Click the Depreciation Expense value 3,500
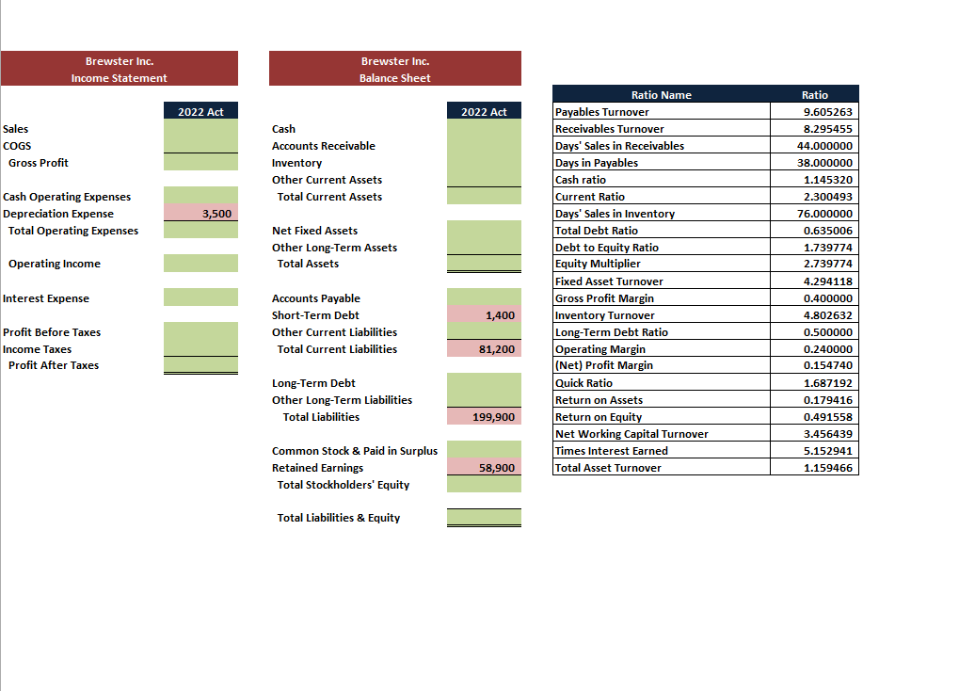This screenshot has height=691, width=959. pos(216,214)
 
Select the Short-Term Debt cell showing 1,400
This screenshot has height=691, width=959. pos(500,315)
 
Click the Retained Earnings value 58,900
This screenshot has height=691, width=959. pos(496,468)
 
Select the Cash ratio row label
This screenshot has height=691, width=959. pos(581,180)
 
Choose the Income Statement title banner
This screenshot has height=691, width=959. pos(120,69)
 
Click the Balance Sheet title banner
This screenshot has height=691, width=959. pos(394,69)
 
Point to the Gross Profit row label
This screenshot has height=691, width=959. pos(39,163)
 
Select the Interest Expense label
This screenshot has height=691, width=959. pos(46,298)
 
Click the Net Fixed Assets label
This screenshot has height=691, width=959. pos(314,231)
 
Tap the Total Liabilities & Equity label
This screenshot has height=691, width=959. pos(338,518)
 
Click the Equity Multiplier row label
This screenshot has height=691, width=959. pos(598,265)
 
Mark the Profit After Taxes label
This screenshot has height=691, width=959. pos(54,365)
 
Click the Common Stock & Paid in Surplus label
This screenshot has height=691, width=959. pos(355,451)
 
